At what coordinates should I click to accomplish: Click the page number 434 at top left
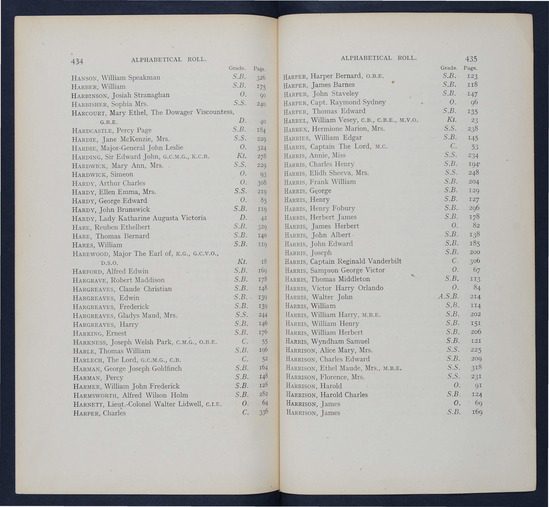[77, 61]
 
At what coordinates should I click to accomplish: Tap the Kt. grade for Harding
[242, 156]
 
